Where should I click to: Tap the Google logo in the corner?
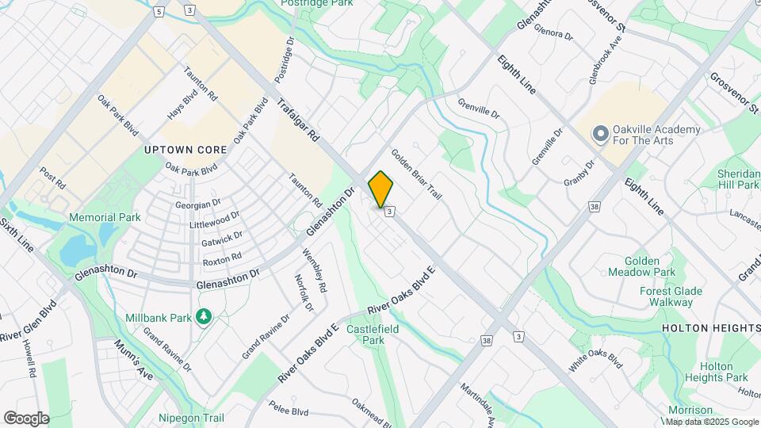[x=26, y=418]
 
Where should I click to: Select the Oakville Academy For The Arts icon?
[x=600, y=134]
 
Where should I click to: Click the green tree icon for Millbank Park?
[x=205, y=317]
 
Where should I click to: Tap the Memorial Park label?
[x=105, y=217]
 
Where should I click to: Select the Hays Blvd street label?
[x=182, y=104]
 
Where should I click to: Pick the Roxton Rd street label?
[x=221, y=259]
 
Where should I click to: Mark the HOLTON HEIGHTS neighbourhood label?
[x=710, y=328]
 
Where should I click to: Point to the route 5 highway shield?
[x=159, y=12]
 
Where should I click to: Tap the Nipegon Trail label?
[x=191, y=418]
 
